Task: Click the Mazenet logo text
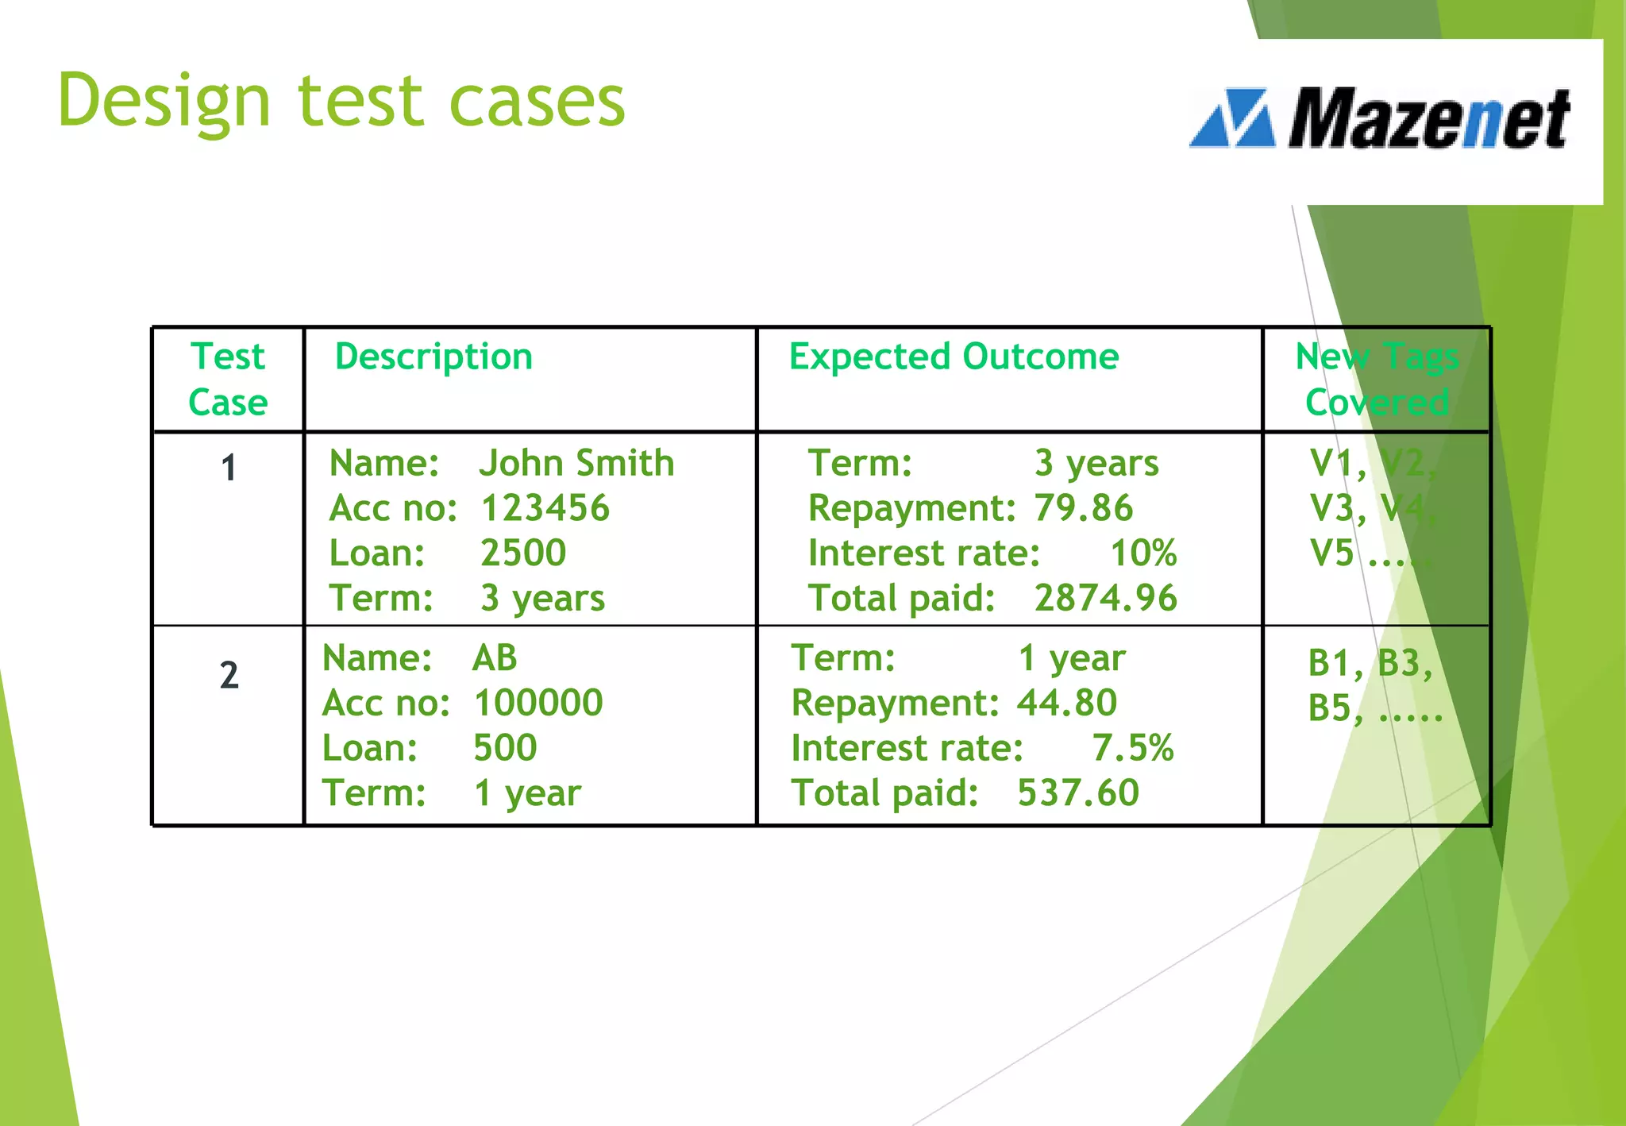point(1428,119)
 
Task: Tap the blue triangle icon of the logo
point(1233,119)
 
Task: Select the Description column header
point(433,357)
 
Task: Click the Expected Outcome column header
point(954,357)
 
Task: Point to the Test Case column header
point(228,379)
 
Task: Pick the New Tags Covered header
point(1377,379)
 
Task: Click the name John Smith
point(576,463)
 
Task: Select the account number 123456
point(545,508)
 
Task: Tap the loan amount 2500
point(523,553)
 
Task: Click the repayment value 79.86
point(1083,508)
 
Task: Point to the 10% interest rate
point(1142,553)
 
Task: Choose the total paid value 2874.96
point(1105,598)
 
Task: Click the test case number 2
point(229,676)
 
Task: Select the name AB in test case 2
point(495,658)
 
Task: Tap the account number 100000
point(538,703)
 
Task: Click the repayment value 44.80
point(1067,703)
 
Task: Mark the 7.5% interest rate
point(1132,748)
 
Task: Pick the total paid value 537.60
point(1078,792)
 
